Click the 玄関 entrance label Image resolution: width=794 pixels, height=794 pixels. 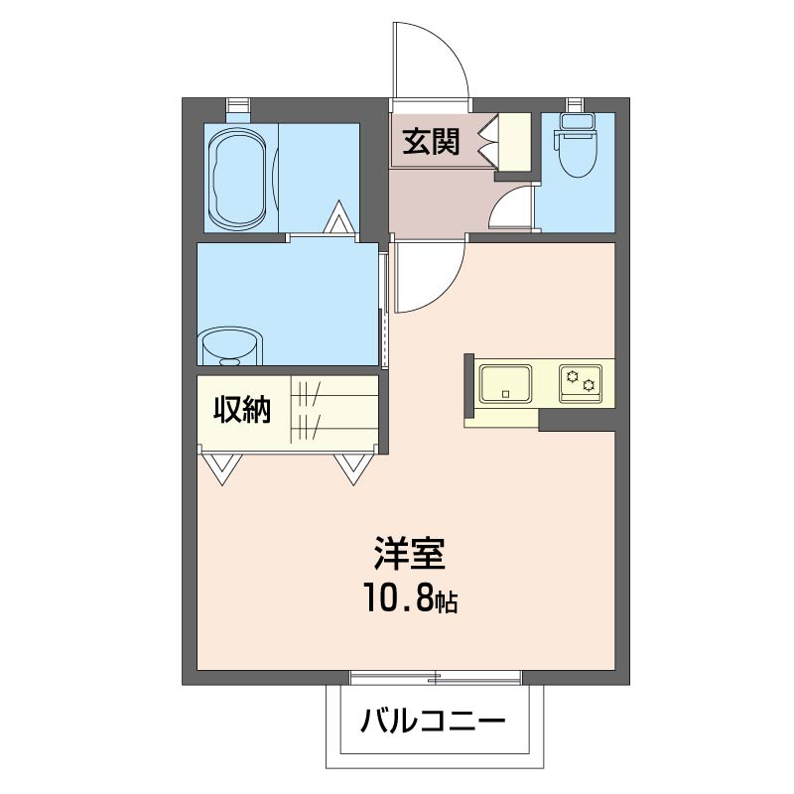(431, 143)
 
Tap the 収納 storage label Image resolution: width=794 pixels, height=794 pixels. (243, 409)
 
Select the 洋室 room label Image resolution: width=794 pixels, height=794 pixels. (408, 552)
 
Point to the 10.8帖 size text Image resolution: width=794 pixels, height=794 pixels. (408, 599)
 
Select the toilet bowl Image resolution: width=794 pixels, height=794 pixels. (576, 149)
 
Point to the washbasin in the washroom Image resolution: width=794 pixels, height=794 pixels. (231, 347)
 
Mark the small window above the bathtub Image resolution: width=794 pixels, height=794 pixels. (238, 103)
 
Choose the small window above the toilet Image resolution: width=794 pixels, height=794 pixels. (576, 103)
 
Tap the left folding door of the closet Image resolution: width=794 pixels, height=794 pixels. (220, 467)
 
